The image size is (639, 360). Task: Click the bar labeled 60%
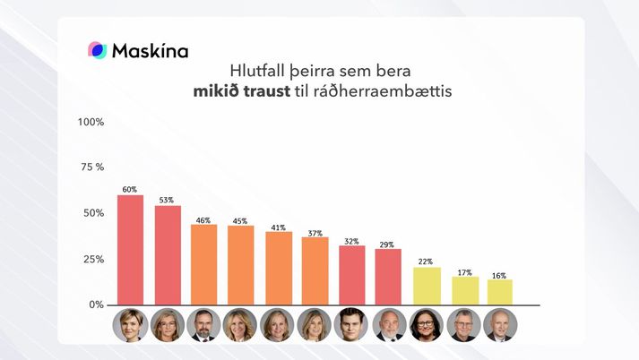tap(130, 250)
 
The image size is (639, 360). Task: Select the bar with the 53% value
tap(168, 255)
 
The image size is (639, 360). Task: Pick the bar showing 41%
tap(278, 268)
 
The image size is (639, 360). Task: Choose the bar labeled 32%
tap(351, 275)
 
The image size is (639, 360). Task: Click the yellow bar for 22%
tap(426, 286)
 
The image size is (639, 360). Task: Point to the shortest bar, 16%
tap(499, 292)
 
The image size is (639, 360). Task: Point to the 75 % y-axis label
tap(92, 167)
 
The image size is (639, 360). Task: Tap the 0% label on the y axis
tap(96, 304)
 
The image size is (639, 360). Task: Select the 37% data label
tap(315, 233)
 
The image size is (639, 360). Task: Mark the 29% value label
tap(388, 244)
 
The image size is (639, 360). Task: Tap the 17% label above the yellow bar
tap(462, 272)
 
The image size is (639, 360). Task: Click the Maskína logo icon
tap(97, 50)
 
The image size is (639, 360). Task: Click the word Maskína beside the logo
tap(150, 51)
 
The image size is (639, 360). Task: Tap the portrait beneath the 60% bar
tap(130, 325)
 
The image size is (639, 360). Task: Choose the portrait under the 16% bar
tap(499, 325)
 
